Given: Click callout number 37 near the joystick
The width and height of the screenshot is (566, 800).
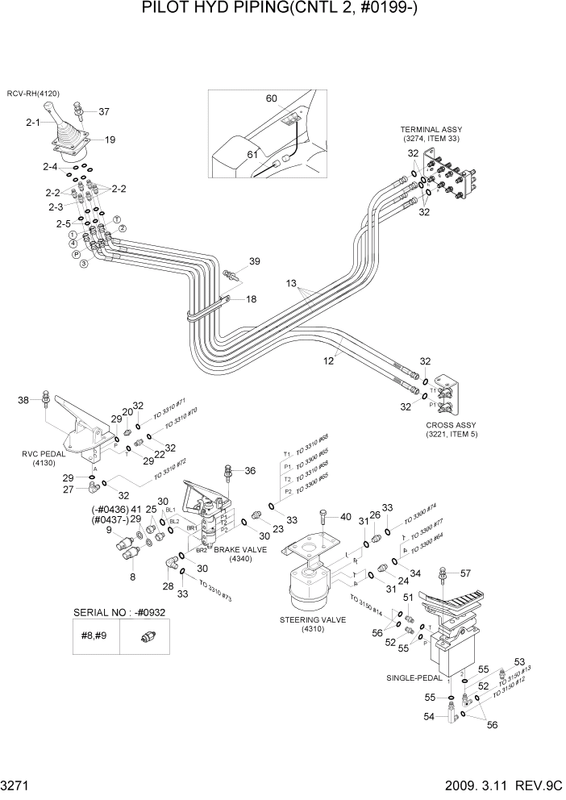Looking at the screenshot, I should click(103, 112).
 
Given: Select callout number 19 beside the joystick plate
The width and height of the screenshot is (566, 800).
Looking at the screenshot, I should click(110, 140).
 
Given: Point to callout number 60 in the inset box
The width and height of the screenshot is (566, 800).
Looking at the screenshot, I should click(272, 98).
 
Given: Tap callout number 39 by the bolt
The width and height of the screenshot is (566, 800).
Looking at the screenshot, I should click(254, 261).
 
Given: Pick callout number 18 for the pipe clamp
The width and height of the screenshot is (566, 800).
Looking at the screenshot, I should click(251, 299).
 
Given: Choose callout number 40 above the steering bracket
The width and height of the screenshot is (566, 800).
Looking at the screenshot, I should click(346, 517).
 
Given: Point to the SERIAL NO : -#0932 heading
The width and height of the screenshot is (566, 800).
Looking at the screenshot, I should click(119, 612).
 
